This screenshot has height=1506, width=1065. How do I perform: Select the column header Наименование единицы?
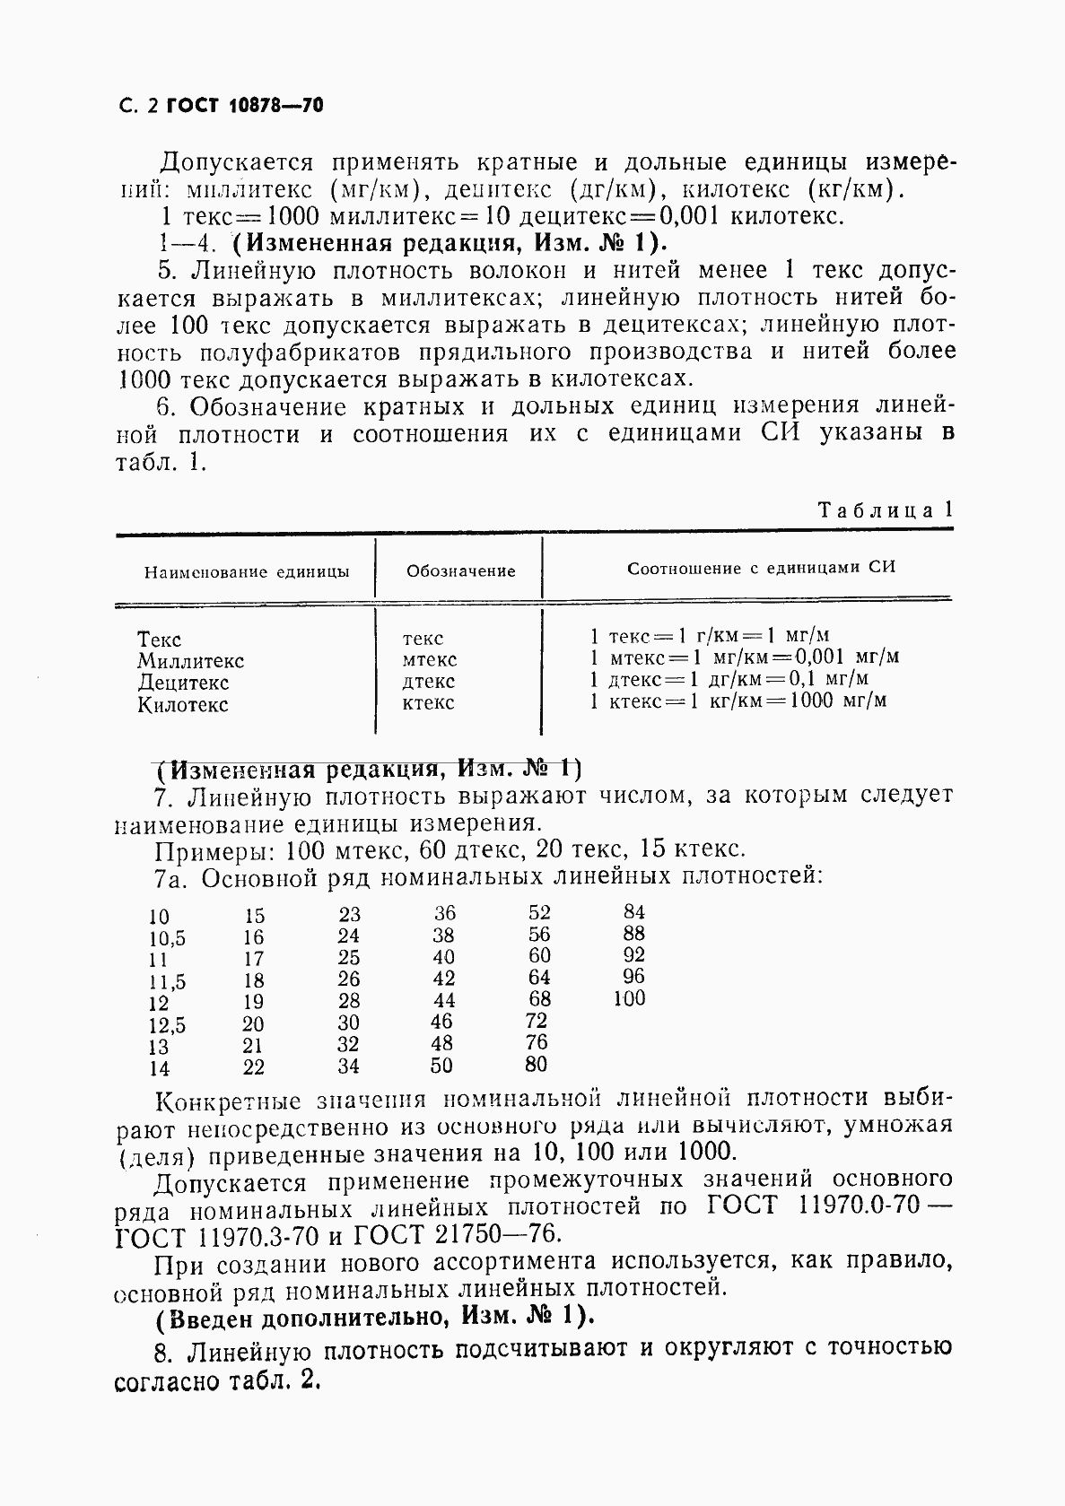(247, 572)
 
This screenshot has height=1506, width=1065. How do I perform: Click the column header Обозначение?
(460, 571)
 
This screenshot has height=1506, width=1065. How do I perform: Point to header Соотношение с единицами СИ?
(761, 568)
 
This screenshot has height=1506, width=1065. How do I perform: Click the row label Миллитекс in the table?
(190, 661)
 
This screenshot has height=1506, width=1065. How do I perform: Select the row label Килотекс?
(183, 705)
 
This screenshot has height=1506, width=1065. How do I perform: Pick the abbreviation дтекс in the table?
(429, 682)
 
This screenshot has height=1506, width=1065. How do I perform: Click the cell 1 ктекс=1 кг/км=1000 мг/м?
(738, 701)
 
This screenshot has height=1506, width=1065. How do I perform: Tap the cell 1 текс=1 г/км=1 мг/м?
(709, 636)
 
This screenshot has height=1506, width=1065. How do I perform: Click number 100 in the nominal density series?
(629, 998)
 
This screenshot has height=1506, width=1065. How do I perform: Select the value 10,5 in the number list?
(167, 938)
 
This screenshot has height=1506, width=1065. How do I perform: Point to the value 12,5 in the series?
(168, 1025)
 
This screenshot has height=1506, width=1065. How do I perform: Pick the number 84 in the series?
(633, 912)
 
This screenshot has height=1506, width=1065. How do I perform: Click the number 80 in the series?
(536, 1065)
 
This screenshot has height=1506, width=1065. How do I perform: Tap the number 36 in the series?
(445, 913)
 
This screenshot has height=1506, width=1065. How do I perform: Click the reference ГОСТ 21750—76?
(457, 1233)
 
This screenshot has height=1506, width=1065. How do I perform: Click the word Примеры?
(205, 850)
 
